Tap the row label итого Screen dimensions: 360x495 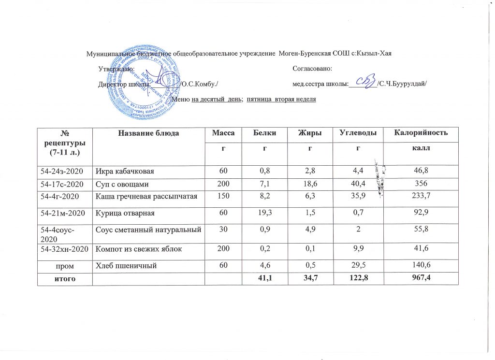[64, 279]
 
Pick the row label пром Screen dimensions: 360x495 [64, 265]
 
